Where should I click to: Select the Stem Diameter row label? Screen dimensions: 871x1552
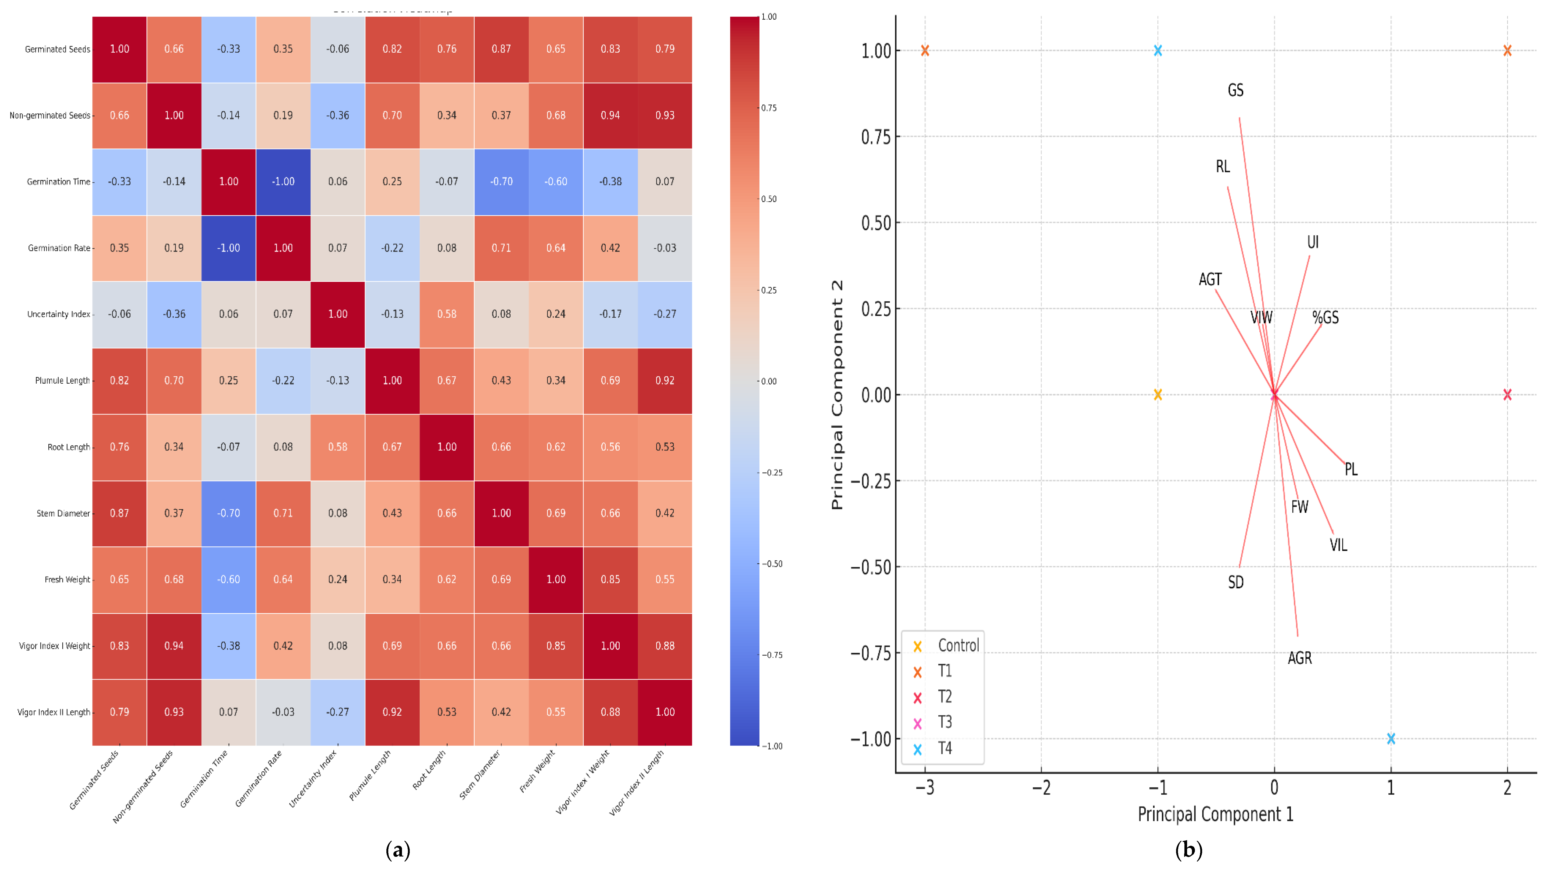pyautogui.click(x=63, y=513)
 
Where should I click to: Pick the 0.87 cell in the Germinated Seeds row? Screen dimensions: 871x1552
pyautogui.click(x=501, y=49)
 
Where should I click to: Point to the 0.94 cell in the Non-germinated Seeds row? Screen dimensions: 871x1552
pyautogui.click(x=610, y=115)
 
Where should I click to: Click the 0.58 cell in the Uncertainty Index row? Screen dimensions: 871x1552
pyautogui.click(x=446, y=314)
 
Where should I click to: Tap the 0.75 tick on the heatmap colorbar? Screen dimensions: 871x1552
pyautogui.click(x=769, y=108)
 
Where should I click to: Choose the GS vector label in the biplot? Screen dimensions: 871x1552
pyautogui.click(x=1236, y=90)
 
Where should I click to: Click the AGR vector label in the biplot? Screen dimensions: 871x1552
pyautogui.click(x=1300, y=658)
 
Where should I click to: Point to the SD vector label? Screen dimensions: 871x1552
pyautogui.click(x=1236, y=582)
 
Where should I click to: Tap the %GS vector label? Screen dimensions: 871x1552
pyautogui.click(x=1325, y=318)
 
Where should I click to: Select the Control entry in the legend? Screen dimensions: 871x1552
pyautogui.click(x=958, y=646)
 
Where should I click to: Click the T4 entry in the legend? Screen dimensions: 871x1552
pyautogui.click(x=945, y=748)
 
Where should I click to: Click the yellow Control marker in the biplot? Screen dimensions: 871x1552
pyautogui.click(x=1157, y=395)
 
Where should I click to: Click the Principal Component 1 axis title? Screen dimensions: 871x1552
pyautogui.click(x=1215, y=814)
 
